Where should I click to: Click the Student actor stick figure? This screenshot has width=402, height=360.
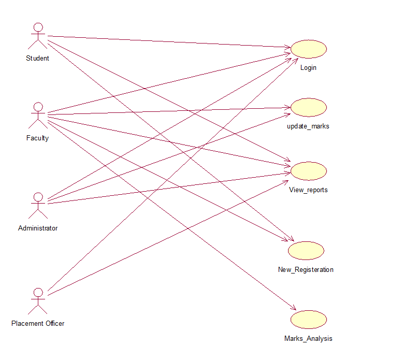coord(37,37)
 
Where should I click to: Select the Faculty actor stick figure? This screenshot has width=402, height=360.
coord(37,116)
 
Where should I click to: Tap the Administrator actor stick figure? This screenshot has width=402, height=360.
coord(37,206)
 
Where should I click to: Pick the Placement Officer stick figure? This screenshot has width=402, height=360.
coord(37,301)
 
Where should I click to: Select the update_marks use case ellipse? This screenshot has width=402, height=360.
coord(308,107)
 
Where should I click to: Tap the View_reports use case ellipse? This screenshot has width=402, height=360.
coord(308,171)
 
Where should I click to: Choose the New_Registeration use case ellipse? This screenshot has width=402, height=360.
coord(306,251)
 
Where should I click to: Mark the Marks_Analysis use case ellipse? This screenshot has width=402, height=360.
coord(308,320)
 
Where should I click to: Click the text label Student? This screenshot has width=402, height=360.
coord(37,59)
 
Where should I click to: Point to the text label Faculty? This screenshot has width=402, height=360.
coord(37,138)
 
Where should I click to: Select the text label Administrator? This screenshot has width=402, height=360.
coord(37,228)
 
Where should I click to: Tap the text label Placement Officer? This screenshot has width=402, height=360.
coord(38,324)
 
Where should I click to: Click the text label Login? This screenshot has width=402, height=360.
coord(308,68)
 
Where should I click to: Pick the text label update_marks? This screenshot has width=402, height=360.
coord(308,126)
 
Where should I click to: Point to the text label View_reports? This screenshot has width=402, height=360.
coord(308,190)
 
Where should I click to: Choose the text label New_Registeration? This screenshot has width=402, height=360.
coord(306,270)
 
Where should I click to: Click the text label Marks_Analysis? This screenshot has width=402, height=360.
coord(308,339)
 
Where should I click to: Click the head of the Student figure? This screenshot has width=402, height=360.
coord(37,27)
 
